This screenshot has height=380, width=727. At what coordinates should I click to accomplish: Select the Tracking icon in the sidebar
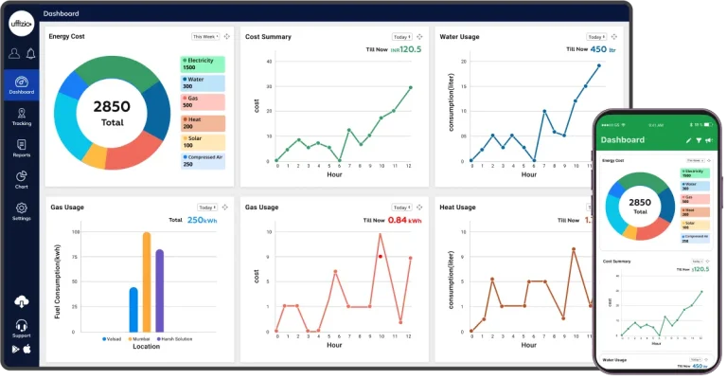(21, 116)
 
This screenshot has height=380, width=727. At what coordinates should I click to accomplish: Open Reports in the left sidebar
(21, 148)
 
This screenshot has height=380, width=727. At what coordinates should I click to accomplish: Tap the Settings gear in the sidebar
(21, 210)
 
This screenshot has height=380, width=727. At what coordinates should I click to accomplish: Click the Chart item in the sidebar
(21, 179)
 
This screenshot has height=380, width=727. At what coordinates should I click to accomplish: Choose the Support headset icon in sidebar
(21, 328)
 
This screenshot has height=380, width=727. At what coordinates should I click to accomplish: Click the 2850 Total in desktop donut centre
(113, 112)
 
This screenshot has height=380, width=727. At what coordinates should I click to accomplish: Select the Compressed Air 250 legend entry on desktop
(203, 160)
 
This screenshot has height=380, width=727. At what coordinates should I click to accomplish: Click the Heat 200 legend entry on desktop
(203, 123)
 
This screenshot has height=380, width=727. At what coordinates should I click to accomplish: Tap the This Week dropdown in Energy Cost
(205, 36)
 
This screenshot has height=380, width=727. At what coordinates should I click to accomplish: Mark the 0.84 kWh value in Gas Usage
(403, 220)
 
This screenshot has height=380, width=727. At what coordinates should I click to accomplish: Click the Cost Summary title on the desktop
(268, 37)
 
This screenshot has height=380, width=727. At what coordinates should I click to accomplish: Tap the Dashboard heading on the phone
(623, 140)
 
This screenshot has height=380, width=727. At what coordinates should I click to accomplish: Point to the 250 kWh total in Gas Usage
(203, 220)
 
